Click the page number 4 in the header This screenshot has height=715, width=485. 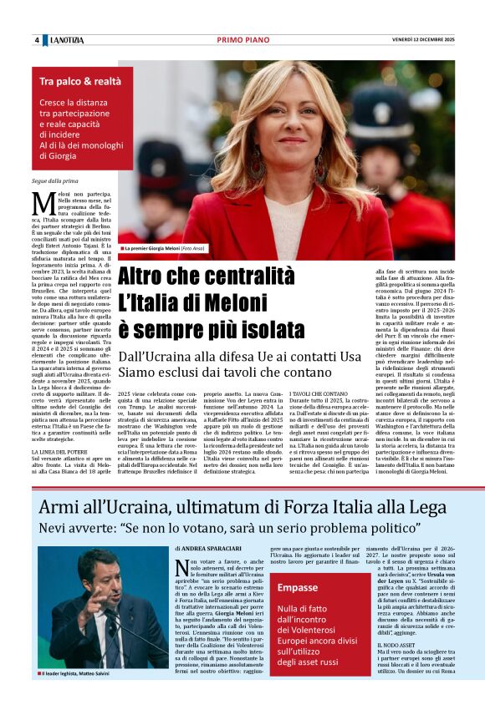tap(37, 40)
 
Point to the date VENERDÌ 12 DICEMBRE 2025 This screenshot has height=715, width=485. tap(423, 40)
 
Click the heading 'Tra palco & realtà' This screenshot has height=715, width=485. tap(80, 81)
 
